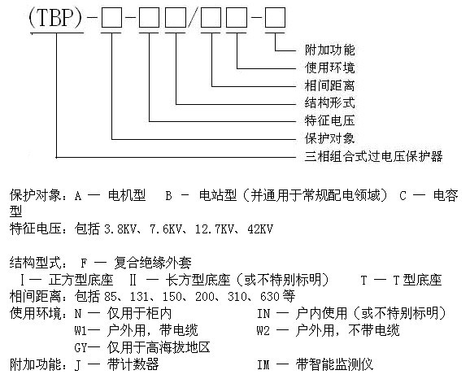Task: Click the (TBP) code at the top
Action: (55, 17)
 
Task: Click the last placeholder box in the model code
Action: (275, 18)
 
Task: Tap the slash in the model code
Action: (193, 18)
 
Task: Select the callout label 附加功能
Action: (329, 50)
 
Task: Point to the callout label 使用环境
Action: (329, 68)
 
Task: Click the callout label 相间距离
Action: (329, 85)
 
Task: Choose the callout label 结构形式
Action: (329, 102)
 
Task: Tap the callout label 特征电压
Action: (329, 120)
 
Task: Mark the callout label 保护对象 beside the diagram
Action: (329, 138)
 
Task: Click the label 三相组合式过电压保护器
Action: (373, 156)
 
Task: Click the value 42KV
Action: (260, 229)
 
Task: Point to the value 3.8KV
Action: (118, 229)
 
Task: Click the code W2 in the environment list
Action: (263, 331)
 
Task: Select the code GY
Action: (81, 348)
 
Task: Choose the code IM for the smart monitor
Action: (263, 365)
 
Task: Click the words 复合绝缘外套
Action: (153, 264)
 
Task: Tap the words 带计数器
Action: (133, 365)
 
